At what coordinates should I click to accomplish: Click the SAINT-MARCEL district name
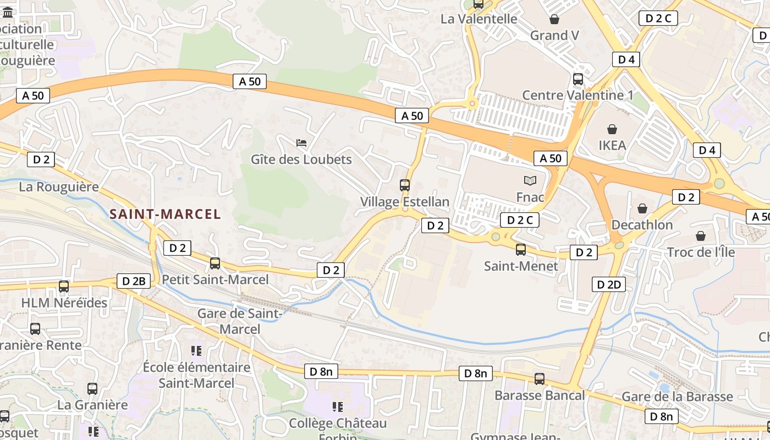coord(165,214)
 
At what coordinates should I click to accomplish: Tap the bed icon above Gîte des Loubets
coord(301,143)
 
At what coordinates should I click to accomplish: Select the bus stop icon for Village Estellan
coord(405,185)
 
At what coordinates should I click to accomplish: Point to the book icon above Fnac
coord(530,180)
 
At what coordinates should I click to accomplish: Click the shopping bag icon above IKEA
coord(612,129)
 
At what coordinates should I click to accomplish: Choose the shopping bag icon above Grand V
coord(554,19)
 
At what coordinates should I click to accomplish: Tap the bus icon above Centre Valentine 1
coord(578,79)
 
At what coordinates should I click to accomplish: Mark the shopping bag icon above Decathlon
coord(642,208)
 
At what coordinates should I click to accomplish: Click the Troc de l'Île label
coord(700,252)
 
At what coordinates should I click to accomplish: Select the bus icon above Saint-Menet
coord(521,250)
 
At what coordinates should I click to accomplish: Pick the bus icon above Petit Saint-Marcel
coord(215,263)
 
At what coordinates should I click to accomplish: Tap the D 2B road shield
coord(134,281)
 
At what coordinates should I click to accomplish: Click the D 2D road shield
coord(608,284)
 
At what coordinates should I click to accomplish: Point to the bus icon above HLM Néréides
coord(64,286)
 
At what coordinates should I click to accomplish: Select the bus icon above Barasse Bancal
coord(540,378)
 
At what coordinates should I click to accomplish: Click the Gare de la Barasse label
coord(677,397)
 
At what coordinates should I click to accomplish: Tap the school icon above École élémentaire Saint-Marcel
coord(196,350)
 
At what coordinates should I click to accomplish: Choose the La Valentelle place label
coord(479,19)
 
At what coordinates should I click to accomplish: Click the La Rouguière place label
coord(59,186)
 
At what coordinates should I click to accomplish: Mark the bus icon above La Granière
coord(92,388)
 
